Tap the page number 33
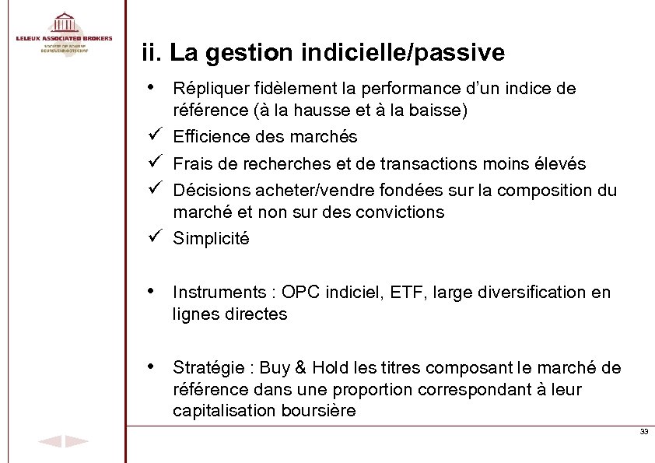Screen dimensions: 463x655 [x=643, y=432]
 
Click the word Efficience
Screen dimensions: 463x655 [x=206, y=137]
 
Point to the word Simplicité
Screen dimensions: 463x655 [x=211, y=239]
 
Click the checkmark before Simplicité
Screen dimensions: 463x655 [x=153, y=237]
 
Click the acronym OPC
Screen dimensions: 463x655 [x=301, y=293]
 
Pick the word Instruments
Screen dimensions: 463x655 [x=213, y=293]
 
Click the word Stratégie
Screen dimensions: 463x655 [x=207, y=367]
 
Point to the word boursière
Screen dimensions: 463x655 [x=316, y=411]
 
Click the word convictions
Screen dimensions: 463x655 [x=402, y=212]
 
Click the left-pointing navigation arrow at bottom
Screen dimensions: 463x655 [x=49, y=442]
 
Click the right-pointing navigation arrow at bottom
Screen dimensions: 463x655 [x=76, y=442]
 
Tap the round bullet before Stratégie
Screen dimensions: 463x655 [x=151, y=366]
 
